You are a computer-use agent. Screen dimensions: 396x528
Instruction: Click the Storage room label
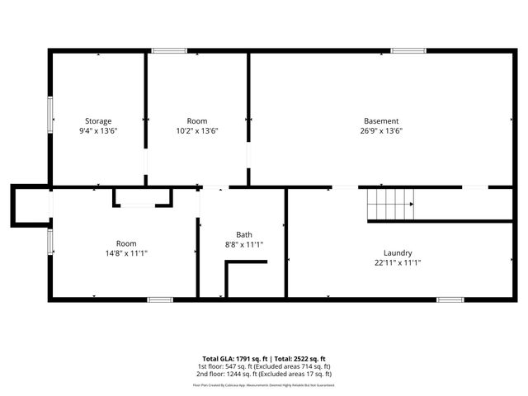98,121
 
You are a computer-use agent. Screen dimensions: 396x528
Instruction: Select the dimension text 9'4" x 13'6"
98,130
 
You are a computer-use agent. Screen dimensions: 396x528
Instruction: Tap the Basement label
380,121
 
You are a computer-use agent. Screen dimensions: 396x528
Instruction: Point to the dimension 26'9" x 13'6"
380,130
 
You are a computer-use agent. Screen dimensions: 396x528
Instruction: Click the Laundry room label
398,252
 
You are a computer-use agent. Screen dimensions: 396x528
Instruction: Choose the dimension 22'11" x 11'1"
398,262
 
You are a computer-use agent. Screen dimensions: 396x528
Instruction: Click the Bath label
243,234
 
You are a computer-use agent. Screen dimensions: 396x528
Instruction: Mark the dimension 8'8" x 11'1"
243,244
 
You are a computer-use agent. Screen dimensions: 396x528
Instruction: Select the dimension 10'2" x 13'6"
197,130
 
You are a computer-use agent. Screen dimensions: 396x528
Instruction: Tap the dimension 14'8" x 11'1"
126,253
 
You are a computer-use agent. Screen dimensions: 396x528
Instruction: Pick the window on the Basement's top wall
408,51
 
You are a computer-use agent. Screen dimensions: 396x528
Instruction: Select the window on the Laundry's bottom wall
450,299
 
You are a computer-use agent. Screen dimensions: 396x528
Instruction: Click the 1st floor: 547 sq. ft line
263,365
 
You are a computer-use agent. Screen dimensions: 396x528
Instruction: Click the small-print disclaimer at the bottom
263,384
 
